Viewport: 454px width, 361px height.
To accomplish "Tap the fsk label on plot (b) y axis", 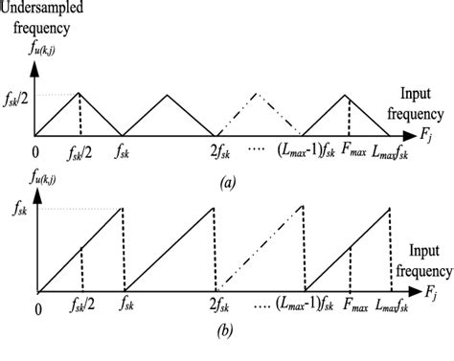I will coord(16,209).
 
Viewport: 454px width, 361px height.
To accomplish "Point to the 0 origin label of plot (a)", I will coord(36,151).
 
